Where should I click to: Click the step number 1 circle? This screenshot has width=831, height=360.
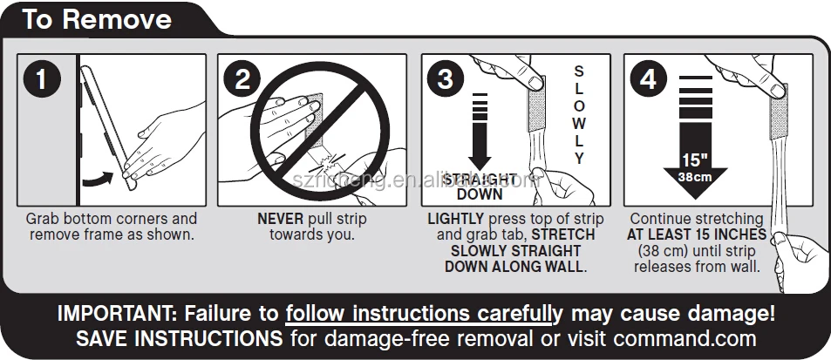click(41, 79)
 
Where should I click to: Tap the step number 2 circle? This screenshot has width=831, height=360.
click(242, 79)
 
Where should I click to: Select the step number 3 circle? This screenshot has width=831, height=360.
click(446, 79)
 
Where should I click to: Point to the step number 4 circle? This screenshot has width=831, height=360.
click(648, 79)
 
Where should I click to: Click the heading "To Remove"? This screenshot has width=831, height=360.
click(97, 19)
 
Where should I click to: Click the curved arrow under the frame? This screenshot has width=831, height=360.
click(98, 179)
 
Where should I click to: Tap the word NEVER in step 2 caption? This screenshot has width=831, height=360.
click(281, 219)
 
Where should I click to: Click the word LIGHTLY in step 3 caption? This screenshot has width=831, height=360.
click(456, 219)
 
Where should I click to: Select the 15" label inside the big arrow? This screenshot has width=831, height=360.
click(695, 160)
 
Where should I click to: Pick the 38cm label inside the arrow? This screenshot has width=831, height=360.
click(695, 177)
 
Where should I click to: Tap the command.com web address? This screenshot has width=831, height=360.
click(685, 337)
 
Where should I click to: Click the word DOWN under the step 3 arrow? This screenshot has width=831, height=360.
click(480, 194)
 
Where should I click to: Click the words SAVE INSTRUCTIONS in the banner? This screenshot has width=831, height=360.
click(179, 337)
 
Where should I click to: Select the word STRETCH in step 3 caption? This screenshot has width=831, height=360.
click(563, 234)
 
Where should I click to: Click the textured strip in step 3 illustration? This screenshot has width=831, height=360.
click(536, 105)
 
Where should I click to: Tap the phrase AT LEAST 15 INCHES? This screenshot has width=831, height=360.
click(697, 234)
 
